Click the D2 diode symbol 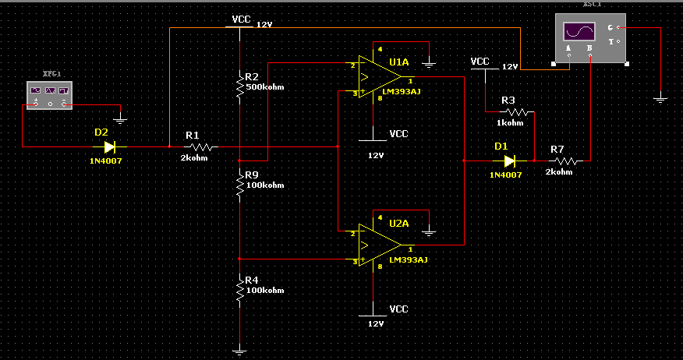110,146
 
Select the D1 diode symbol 510,161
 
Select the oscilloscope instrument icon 589,38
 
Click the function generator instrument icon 49,97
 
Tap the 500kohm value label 265,87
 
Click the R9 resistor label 251,175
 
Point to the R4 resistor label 251,280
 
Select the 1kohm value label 511,123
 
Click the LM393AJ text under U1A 406,91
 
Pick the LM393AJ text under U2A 406,259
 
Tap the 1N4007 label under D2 105,161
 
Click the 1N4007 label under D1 505,175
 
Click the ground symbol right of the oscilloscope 660,99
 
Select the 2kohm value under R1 195,157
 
